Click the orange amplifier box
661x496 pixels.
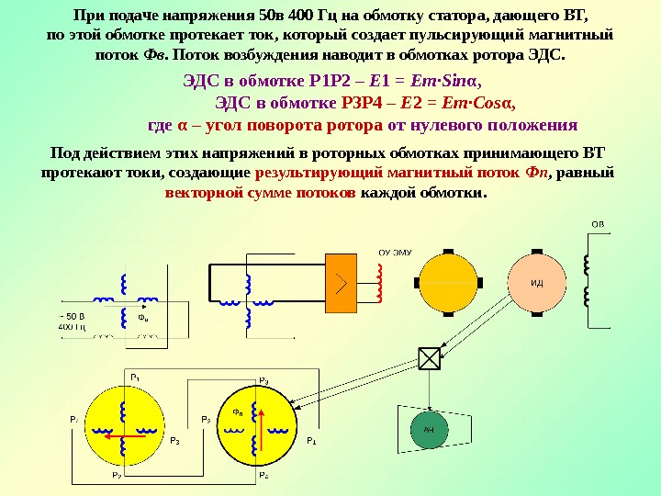click(342, 281)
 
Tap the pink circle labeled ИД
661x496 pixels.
click(536, 282)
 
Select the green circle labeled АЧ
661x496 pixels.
click(428, 430)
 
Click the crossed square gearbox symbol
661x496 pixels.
click(428, 358)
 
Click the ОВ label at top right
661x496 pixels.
click(597, 223)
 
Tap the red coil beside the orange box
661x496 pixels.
click(377, 282)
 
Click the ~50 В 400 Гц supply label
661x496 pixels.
click(72, 321)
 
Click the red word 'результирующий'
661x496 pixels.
click(323, 172)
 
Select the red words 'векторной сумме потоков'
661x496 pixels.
click(261, 193)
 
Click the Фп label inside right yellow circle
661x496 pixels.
click(239, 412)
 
